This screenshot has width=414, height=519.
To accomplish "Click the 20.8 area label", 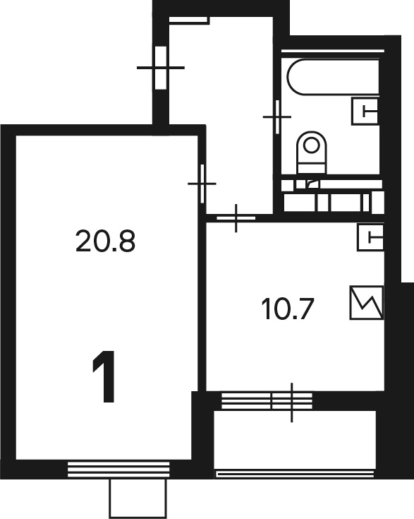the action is [105, 241].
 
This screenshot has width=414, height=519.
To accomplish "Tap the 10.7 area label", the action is [287, 309].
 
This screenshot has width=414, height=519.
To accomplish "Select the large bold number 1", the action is [104, 376].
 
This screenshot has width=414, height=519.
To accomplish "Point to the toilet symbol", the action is [312, 153].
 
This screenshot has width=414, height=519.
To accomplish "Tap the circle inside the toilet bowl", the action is [311, 145].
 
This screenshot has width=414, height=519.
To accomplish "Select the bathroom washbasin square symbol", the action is [365, 112].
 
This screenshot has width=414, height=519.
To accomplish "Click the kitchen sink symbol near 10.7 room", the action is [370, 237].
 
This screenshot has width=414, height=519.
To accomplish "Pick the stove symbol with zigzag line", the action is [366, 303].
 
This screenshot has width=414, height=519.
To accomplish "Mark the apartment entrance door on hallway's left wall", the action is [161, 68].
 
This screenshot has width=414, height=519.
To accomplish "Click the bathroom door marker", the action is [277, 117].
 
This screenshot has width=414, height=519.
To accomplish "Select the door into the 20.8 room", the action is [202, 184].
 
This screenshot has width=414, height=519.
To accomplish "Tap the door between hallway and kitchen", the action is [236, 218].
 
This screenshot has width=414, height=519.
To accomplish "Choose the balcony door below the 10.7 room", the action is [292, 401].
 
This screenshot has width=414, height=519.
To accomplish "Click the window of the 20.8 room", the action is [118, 470].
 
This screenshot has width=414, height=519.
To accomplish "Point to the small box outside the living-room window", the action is [138, 499].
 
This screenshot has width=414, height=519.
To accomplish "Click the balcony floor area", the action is [295, 439].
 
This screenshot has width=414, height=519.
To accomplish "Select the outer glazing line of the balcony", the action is [295, 475].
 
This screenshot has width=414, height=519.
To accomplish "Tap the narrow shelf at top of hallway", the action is [189, 20].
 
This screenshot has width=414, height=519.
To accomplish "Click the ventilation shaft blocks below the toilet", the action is [332, 196].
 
